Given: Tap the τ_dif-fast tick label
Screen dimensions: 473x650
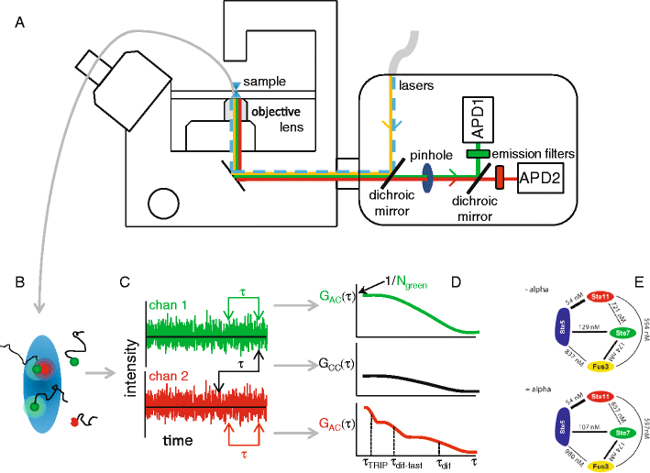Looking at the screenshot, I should point(405,464).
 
